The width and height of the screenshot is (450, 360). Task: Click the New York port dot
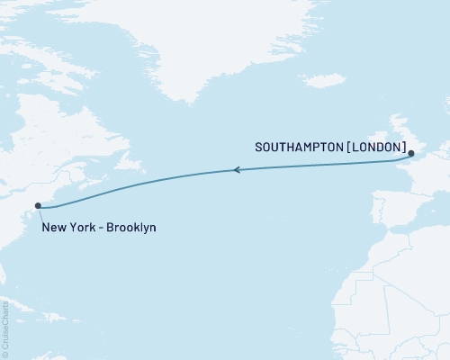pos(38,206)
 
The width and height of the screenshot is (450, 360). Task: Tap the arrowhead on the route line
pos(237,169)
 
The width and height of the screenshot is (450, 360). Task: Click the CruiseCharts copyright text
pos(5,325)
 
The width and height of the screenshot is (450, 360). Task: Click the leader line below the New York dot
pos(38,214)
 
